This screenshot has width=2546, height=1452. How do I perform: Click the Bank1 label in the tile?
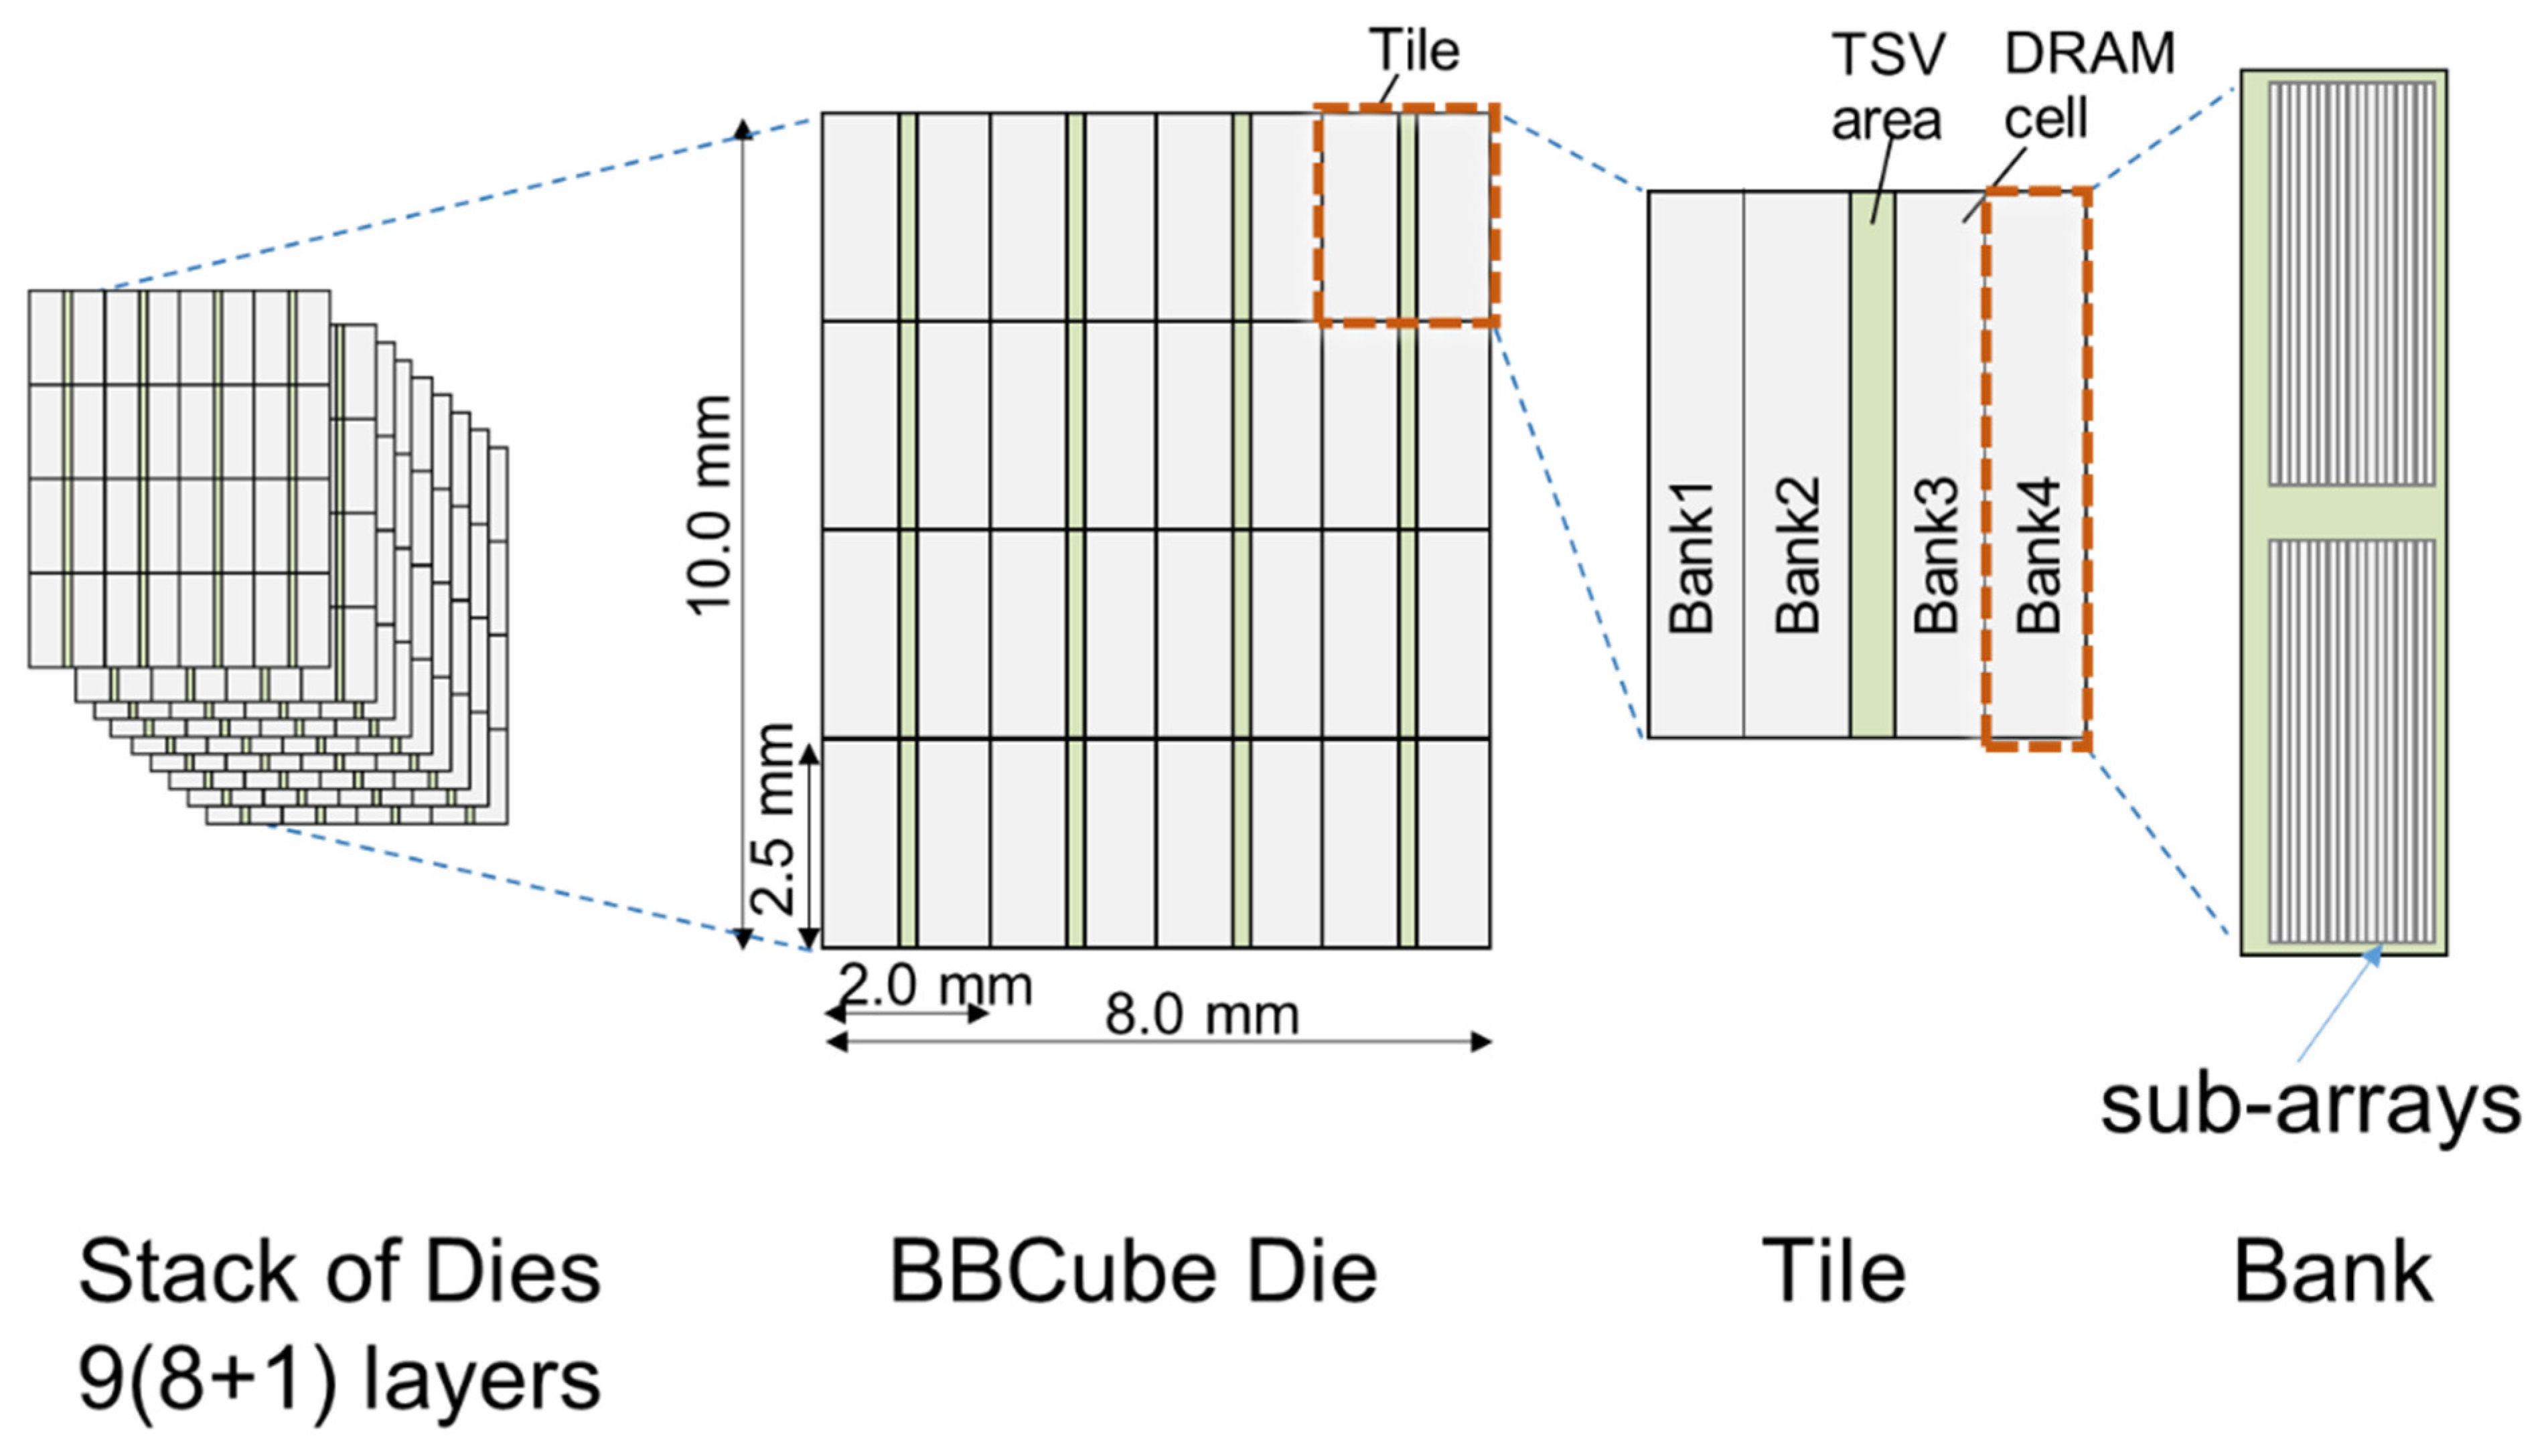point(1692,556)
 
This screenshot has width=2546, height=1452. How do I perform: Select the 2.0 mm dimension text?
point(934,986)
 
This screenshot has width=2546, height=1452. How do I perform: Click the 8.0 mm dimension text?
point(1202,1016)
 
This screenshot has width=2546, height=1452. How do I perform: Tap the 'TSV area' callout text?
point(1887,87)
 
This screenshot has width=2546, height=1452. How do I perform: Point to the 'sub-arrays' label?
point(2310,1104)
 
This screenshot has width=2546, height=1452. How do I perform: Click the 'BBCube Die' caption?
point(1133,1271)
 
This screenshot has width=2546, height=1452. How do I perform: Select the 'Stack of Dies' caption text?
point(339,1271)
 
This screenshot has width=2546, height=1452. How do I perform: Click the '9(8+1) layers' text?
point(339,1379)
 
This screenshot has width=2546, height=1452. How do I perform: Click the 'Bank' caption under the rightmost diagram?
point(2332,1271)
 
